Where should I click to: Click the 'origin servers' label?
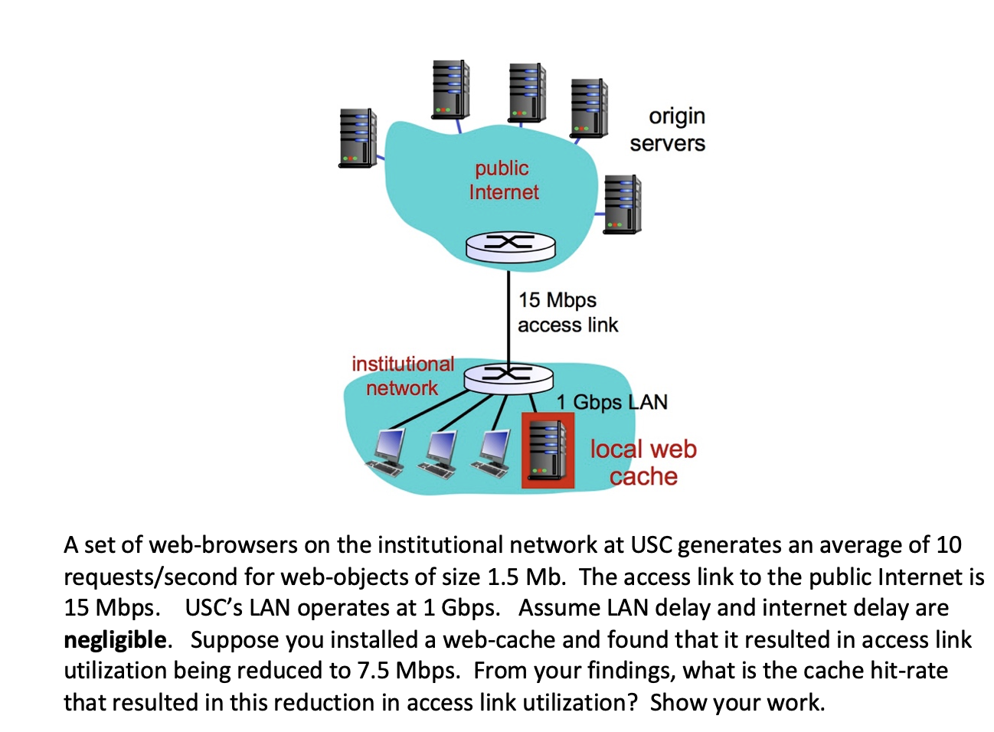pyautogui.click(x=668, y=129)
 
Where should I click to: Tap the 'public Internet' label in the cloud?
pyautogui.click(x=503, y=180)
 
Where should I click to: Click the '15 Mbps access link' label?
pyautogui.click(x=567, y=312)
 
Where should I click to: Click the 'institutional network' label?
pyautogui.click(x=403, y=375)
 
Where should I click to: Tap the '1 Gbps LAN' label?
pyautogui.click(x=612, y=402)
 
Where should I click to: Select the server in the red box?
pyautogui.click(x=548, y=450)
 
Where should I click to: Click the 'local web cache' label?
pyautogui.click(x=643, y=462)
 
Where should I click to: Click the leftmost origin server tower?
pyautogui.click(x=358, y=138)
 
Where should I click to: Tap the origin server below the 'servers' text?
pyautogui.click(x=622, y=204)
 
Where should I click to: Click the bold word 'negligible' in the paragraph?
pyautogui.click(x=115, y=639)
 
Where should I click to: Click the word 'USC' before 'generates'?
pyautogui.click(x=651, y=545)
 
